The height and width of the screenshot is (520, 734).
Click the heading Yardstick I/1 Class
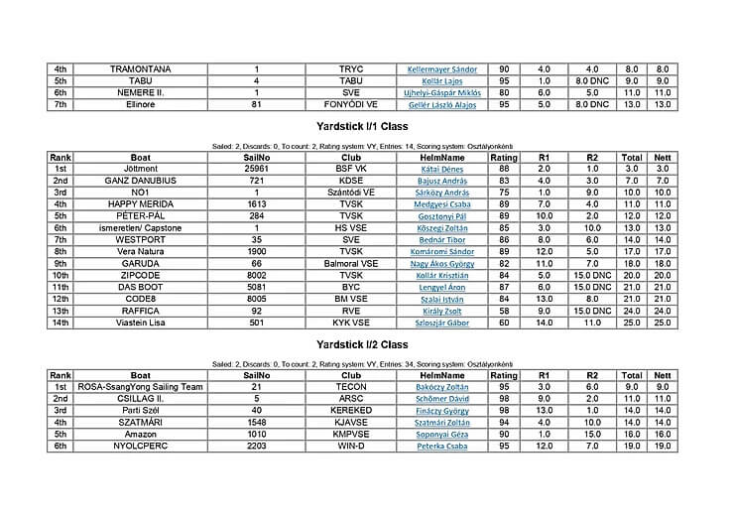368,127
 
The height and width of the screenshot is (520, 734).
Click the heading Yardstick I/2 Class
368,344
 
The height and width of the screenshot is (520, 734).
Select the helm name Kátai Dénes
442,169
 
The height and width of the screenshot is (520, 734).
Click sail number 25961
257,169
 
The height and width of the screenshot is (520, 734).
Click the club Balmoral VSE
351,263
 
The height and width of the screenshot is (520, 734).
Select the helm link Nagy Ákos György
442,263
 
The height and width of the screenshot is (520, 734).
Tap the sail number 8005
257,298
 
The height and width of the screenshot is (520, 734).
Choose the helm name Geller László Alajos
442,103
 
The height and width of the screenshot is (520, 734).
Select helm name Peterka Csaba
442,446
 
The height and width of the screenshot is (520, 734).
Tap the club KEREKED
351,410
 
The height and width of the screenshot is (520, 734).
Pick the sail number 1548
257,422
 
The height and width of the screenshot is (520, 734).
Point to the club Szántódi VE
351,192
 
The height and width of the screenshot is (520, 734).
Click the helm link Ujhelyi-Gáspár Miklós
442,91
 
